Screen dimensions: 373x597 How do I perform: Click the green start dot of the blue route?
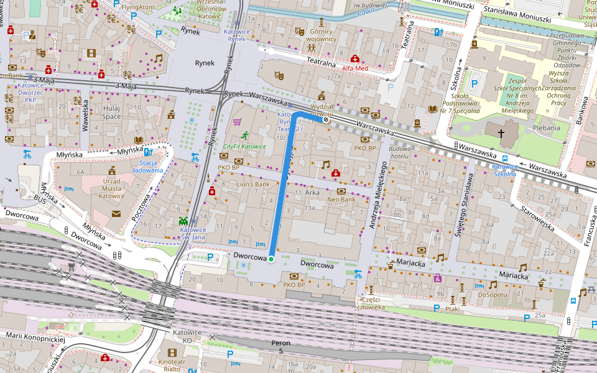tap(271, 259)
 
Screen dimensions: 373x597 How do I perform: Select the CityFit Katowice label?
tap(244, 147)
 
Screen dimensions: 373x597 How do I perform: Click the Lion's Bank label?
tap(253, 184)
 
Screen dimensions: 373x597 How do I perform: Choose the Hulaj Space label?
tap(111, 112)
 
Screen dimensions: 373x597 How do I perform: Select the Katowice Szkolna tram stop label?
tap(504, 170)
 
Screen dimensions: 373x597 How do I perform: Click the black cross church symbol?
tap(501, 132)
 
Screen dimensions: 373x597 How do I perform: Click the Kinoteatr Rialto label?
tap(172, 365)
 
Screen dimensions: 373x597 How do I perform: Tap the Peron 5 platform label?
tap(280, 347)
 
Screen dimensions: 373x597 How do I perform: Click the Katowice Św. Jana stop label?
tap(193, 233)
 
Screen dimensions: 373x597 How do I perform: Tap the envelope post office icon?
tap(116, 213)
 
